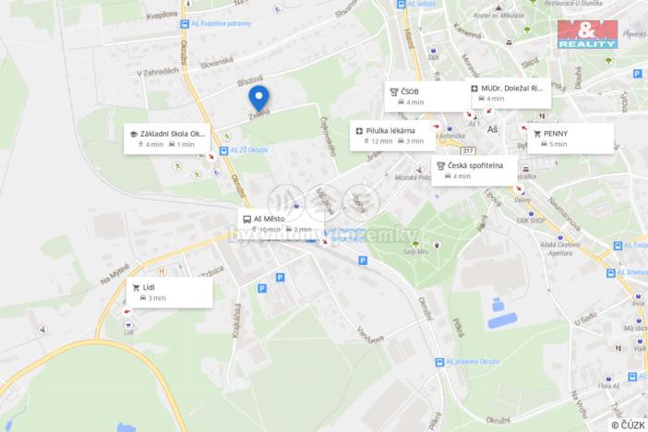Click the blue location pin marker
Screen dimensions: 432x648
click(x=258, y=98)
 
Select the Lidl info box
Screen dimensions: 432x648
click(x=170, y=293)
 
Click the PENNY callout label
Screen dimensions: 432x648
click(x=570, y=138)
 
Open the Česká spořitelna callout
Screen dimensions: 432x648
click(x=474, y=170)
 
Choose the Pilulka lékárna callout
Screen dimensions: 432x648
click(x=392, y=136)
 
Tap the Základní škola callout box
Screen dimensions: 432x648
click(x=172, y=138)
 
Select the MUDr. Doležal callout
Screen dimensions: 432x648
click(x=509, y=93)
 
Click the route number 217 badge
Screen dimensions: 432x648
click(x=468, y=150)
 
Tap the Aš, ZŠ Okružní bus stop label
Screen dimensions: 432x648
click(x=249, y=149)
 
